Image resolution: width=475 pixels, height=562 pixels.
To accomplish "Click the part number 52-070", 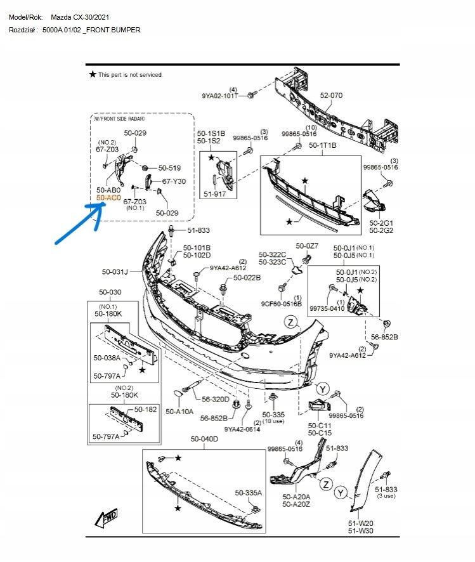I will click(331, 95).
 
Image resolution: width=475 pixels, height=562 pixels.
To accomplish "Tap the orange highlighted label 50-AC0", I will click(108, 198).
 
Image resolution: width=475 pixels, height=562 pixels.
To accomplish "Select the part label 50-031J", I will click(115, 272).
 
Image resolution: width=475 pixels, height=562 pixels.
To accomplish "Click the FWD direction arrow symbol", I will click(105, 518).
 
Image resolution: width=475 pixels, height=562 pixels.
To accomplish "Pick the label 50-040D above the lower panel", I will click(204, 439).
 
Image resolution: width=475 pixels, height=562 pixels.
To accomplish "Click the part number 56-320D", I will click(216, 400).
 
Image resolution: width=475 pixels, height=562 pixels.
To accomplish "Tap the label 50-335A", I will click(249, 493).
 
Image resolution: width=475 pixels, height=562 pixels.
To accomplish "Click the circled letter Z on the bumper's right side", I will click(290, 322).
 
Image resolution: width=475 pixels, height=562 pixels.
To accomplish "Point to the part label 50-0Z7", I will click(307, 246).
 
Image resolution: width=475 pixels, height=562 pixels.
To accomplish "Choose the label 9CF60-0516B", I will click(282, 304).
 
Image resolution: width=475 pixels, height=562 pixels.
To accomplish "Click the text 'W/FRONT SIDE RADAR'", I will click(119, 119).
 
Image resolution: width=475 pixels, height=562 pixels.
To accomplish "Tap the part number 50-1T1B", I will click(323, 146).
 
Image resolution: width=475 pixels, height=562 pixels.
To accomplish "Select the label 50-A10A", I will click(179, 412).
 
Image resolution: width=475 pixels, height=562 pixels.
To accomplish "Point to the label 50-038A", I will click(107, 358).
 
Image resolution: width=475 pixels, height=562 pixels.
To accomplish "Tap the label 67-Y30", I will click(174, 181).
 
